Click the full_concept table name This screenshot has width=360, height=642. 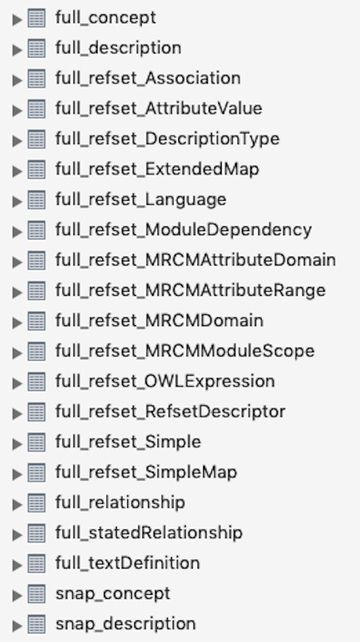(106, 18)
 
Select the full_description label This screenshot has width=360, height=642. (118, 48)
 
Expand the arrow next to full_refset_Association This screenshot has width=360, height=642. (17, 79)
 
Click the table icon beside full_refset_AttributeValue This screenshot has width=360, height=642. (37, 109)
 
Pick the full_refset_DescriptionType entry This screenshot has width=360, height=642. (167, 139)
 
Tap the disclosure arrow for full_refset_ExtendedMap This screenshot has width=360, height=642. (17, 170)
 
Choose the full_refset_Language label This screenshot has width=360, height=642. (141, 200)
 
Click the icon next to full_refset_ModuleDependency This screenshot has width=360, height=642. (37, 230)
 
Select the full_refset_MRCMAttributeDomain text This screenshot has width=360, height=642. (196, 260)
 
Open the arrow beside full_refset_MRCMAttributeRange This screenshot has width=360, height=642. (17, 291)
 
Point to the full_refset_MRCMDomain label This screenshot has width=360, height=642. (159, 321)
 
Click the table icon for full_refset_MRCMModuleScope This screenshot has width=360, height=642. (37, 351)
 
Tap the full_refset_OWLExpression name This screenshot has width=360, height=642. (165, 381)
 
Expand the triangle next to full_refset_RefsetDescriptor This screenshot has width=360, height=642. (17, 413)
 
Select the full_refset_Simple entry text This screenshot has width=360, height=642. (128, 442)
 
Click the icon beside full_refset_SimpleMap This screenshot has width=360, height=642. (37, 473)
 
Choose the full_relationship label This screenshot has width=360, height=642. (120, 503)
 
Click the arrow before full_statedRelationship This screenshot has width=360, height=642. (17, 533)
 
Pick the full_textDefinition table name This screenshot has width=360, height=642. (128, 563)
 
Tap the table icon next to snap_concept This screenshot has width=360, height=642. (37, 594)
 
